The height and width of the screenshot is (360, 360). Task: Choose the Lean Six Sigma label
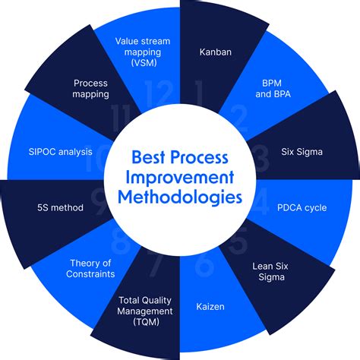[x=272, y=272]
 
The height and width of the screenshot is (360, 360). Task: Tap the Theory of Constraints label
[x=87, y=268]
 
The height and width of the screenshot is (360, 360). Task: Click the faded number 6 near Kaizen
[x=204, y=265]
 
